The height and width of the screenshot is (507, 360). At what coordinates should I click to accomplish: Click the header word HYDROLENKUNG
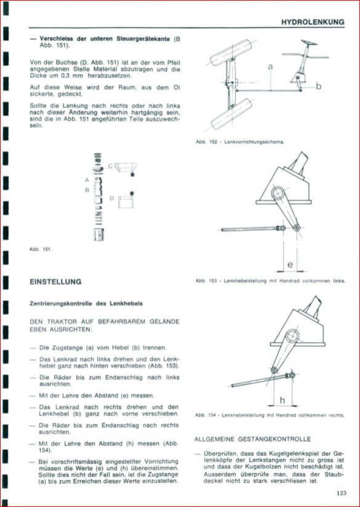coord(313,22)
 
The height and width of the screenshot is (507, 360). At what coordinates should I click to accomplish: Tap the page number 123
coord(341,493)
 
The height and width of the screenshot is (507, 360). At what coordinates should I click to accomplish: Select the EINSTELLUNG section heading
coord(55,282)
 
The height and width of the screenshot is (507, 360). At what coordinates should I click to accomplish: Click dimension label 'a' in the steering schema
coord(270,67)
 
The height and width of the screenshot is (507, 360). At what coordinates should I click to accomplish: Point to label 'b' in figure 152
coord(319,86)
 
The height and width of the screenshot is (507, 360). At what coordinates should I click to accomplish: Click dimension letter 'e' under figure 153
coord(290,265)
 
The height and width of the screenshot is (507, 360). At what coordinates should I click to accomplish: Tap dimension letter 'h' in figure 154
coord(282,401)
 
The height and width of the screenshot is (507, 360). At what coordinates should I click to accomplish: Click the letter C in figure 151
coord(110,166)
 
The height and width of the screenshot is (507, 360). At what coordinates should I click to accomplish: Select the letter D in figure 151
coord(112,198)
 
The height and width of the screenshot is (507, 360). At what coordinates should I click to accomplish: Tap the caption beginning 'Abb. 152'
coord(240,142)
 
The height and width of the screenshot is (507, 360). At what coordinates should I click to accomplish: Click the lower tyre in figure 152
coord(232,114)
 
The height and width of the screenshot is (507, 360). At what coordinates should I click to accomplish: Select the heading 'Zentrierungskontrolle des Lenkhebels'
coord(86,304)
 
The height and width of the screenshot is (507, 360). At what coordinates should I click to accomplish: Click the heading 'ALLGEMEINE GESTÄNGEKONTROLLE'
coord(252,439)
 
